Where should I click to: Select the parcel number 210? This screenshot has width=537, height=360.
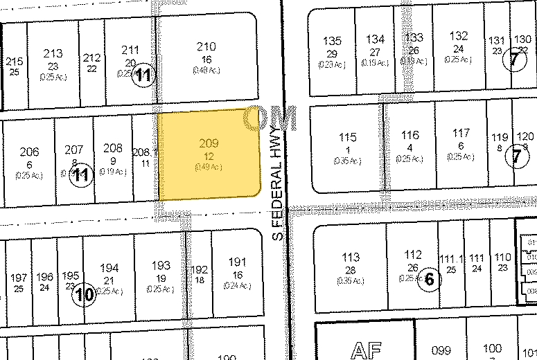pyautogui.click(x=206, y=47)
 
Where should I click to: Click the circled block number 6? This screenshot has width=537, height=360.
pyautogui.click(x=429, y=280)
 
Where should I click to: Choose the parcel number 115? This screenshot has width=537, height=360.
pyautogui.click(x=348, y=137)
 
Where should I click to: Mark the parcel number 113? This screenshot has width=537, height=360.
pyautogui.click(x=351, y=257)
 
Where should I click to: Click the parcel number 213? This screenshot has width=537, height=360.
pyautogui.click(x=53, y=53)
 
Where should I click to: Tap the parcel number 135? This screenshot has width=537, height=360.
pyautogui.click(x=333, y=40)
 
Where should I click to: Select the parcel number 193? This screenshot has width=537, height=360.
pyautogui.click(x=161, y=265)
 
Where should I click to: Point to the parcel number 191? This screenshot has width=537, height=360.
pyautogui.click(x=237, y=262)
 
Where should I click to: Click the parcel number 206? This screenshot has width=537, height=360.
pyautogui.click(x=29, y=152)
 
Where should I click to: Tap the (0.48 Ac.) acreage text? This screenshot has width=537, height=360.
pyautogui.click(x=206, y=70)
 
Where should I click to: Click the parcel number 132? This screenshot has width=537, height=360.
pyautogui.click(x=459, y=36)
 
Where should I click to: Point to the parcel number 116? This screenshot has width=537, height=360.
pyautogui.click(x=410, y=135)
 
